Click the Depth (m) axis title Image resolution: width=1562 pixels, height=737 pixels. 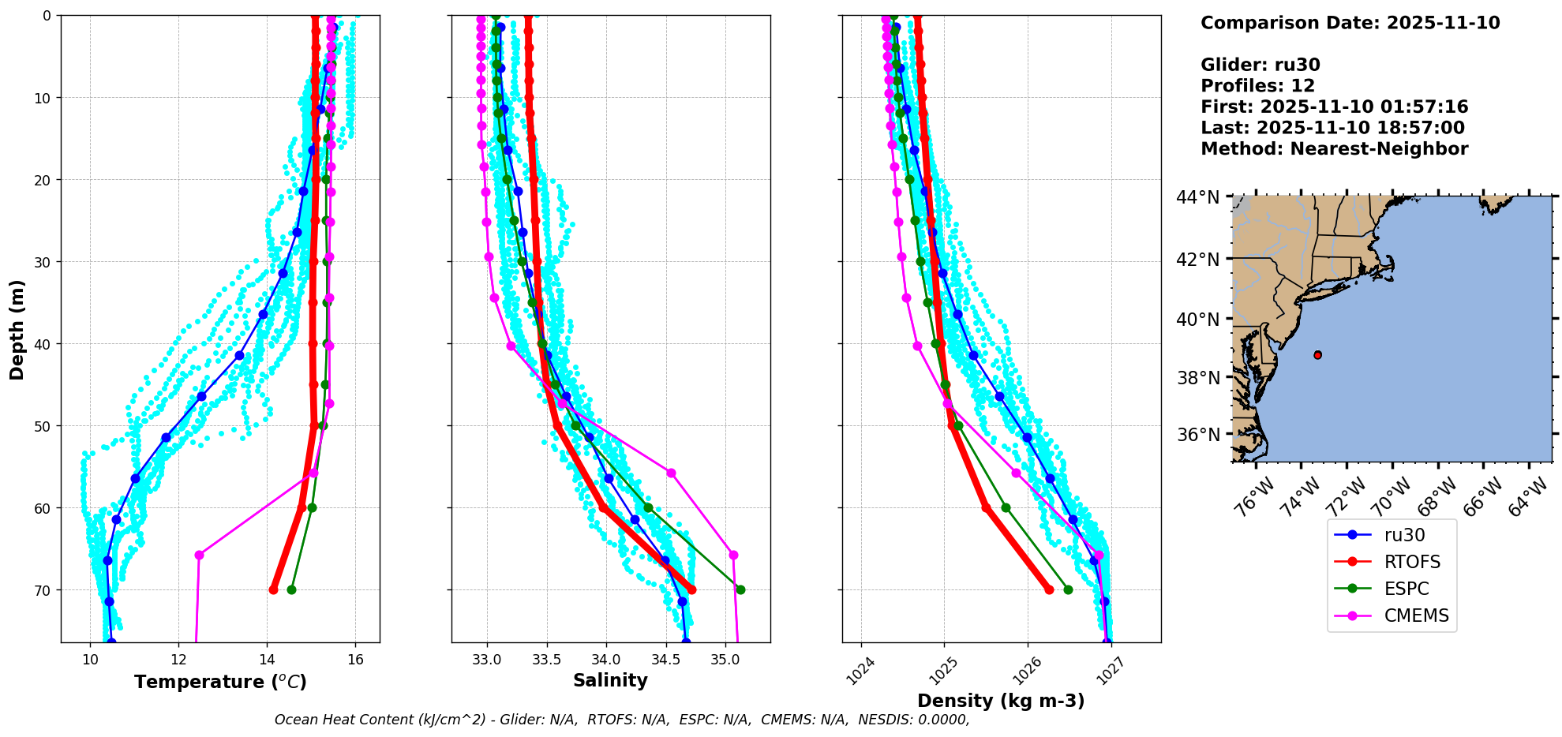tap(17, 329)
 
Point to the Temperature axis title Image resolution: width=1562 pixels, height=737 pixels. tap(220, 682)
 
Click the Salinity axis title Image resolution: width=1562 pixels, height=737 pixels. tap(610, 680)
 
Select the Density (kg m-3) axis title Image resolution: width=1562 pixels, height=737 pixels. tap(1001, 701)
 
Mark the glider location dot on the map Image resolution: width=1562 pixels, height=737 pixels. tap(1317, 355)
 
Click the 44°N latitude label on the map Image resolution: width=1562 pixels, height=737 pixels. tap(1197, 197)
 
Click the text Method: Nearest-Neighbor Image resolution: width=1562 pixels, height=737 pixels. tap(1334, 148)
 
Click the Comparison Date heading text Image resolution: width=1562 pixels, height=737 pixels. tap(1350, 23)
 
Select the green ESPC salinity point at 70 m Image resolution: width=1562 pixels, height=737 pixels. tap(740, 589)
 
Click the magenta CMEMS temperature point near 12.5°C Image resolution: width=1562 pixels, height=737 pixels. tap(199, 555)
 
